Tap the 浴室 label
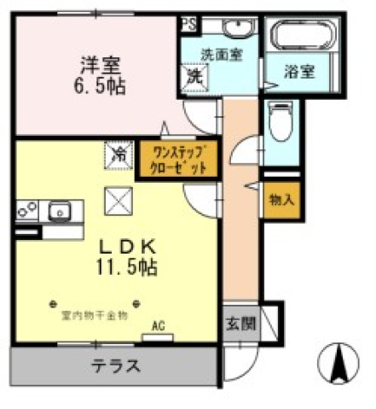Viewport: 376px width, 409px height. [x=299, y=73]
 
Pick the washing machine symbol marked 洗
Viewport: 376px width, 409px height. [x=194, y=75]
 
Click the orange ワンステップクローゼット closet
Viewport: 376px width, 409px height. [x=176, y=160]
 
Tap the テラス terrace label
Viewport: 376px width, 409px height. [x=116, y=365]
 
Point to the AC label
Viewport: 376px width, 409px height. [x=157, y=325]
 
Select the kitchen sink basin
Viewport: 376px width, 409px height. [x=58, y=209]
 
